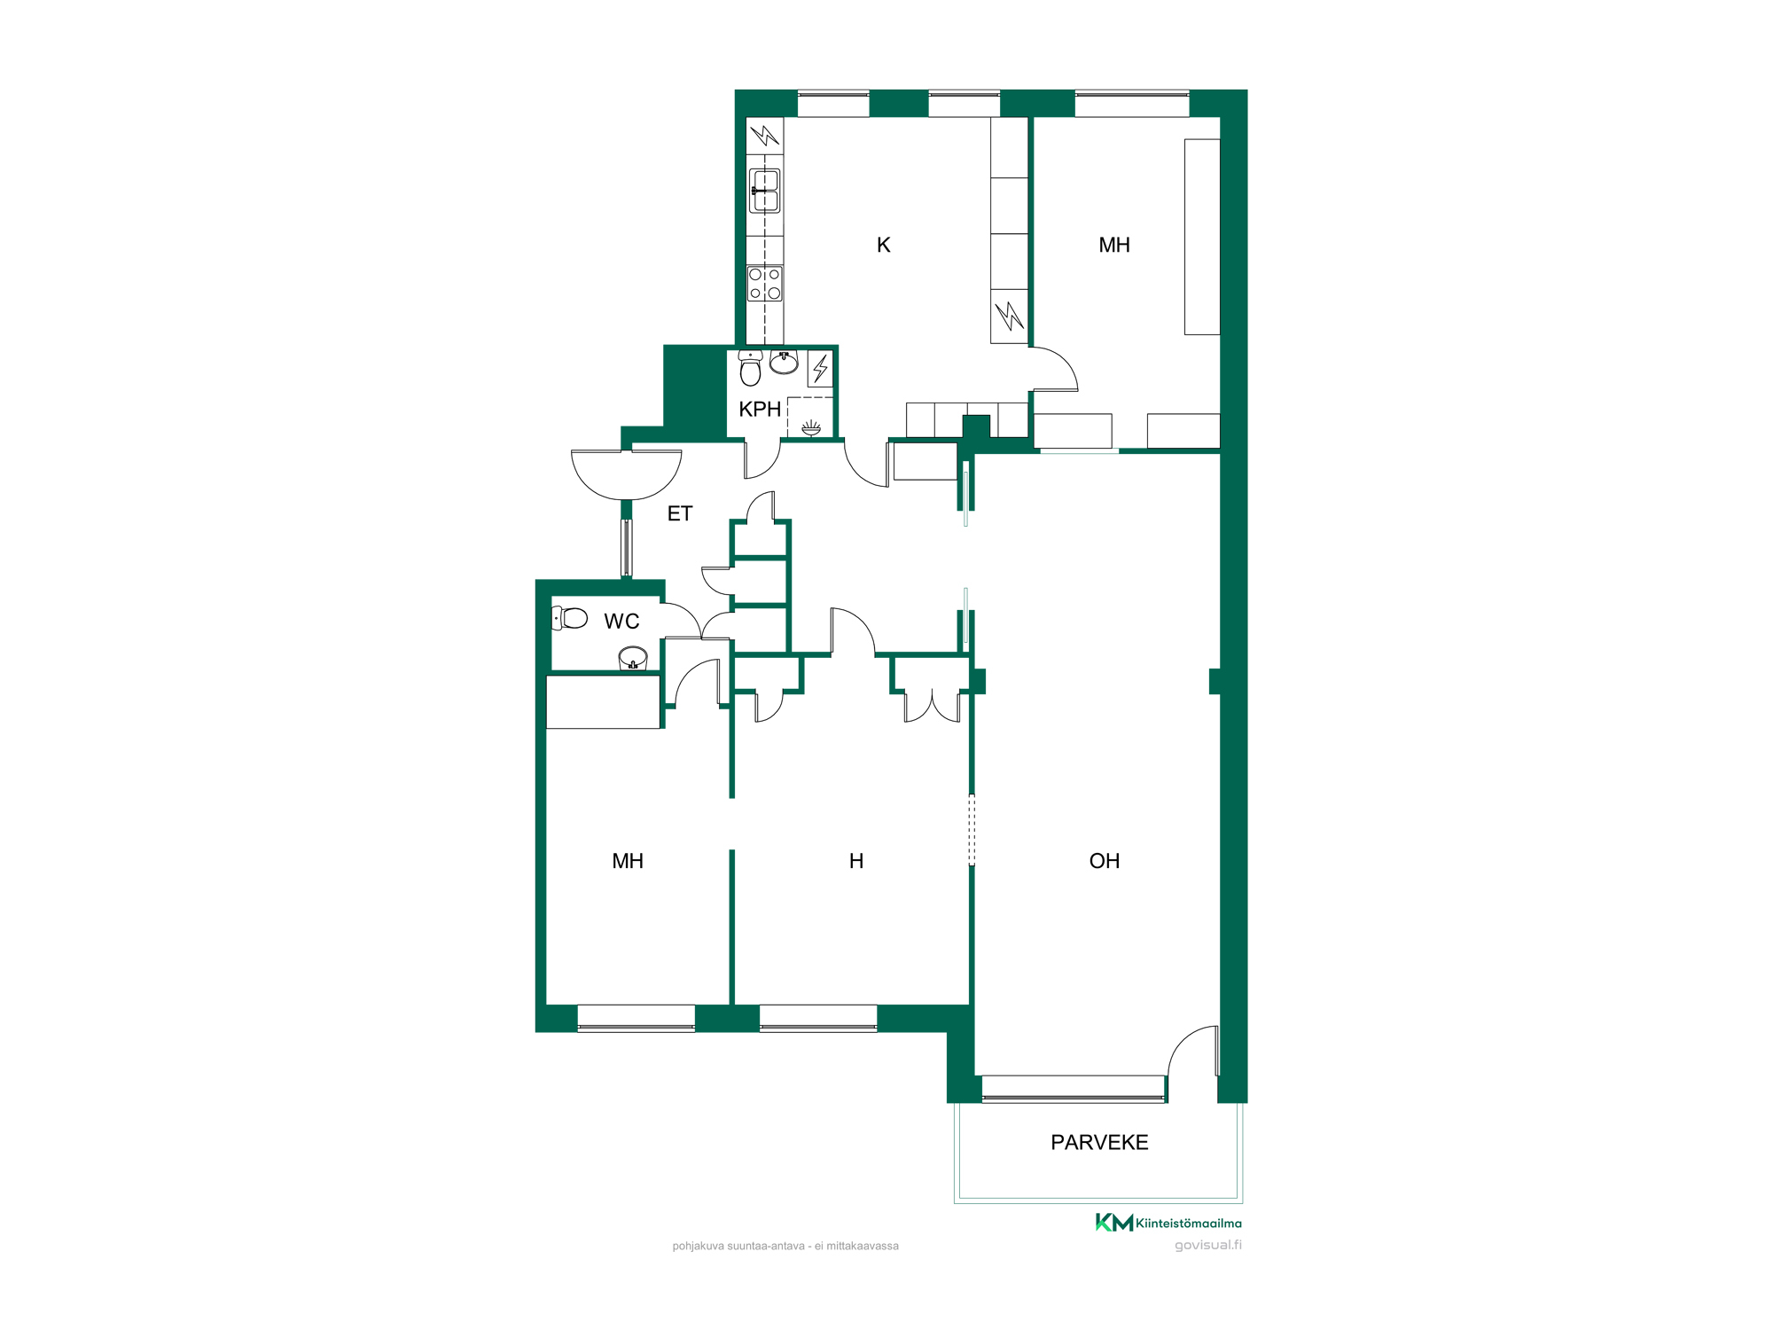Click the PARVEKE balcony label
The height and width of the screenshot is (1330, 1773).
[x=1099, y=1143]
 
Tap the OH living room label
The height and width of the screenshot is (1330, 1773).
[x=1105, y=861]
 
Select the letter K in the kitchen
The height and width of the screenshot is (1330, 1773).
[x=883, y=246]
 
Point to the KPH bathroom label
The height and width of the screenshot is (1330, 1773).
[x=760, y=410]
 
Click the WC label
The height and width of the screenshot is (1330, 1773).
[x=621, y=622]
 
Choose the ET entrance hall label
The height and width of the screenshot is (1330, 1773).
[x=679, y=513]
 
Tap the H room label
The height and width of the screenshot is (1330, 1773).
[x=856, y=861]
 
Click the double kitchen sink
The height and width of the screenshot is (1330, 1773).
[x=764, y=191]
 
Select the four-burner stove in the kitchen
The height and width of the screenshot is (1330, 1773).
[x=764, y=284]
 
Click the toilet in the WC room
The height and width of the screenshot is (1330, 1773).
[x=569, y=617]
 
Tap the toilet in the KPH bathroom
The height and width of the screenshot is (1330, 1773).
[x=751, y=368]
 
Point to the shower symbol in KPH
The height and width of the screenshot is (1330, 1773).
[x=811, y=429]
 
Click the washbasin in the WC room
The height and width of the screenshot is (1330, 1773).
[x=633, y=659]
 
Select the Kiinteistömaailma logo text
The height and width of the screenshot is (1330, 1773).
[x=1188, y=1224]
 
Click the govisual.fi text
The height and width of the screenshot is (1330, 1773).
[x=1208, y=1245]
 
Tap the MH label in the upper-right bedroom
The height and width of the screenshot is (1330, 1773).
[x=1114, y=246]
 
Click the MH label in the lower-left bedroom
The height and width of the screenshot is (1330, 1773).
[x=628, y=861]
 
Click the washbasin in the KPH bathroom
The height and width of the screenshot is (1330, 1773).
[x=784, y=362]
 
